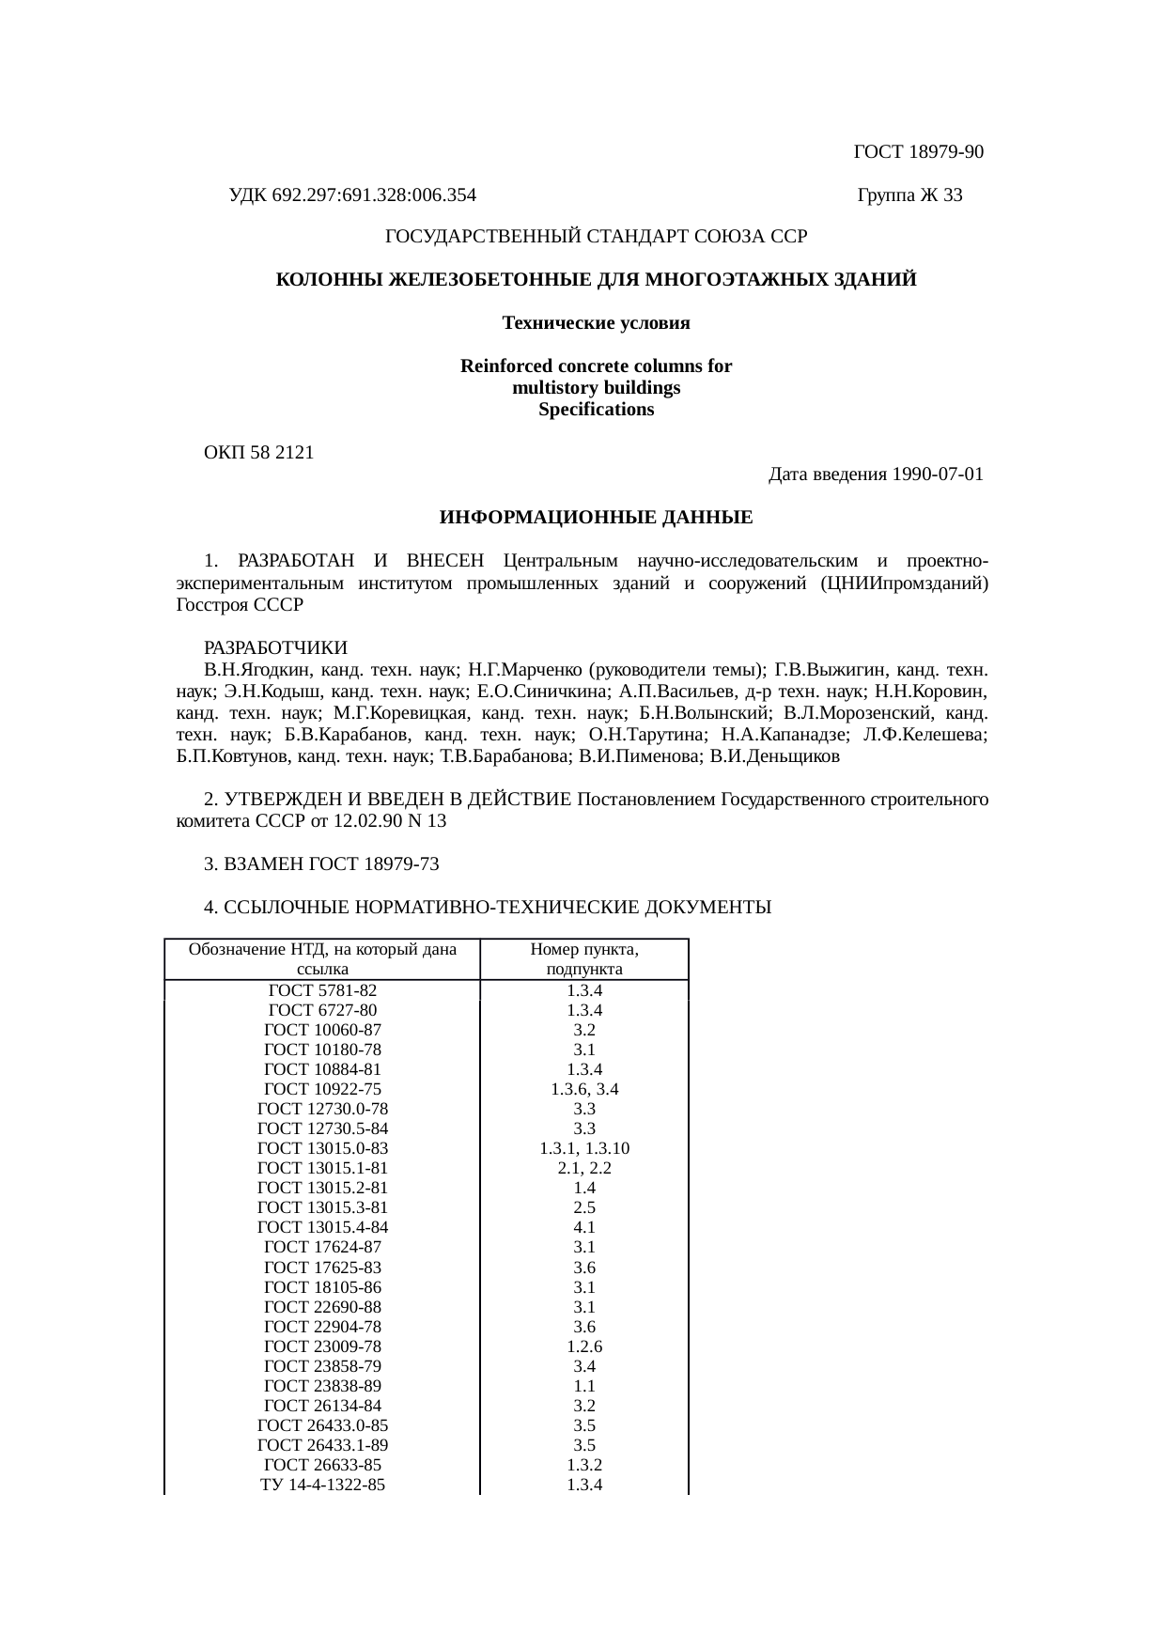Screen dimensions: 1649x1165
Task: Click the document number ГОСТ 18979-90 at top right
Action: (918, 152)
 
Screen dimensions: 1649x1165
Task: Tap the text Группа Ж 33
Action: (909, 195)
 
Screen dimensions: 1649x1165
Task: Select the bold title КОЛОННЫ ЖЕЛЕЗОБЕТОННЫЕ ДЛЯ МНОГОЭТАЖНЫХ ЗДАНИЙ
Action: (596, 280)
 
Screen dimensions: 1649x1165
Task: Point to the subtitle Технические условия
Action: (596, 323)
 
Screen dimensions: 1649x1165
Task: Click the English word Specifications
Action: (596, 410)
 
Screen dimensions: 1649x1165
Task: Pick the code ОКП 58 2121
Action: (259, 453)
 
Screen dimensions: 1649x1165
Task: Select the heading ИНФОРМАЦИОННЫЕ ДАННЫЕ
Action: (596, 518)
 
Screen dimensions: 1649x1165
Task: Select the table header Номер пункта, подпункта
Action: (584, 959)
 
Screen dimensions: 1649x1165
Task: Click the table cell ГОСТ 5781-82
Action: (322, 990)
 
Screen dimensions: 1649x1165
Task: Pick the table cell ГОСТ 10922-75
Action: (322, 1089)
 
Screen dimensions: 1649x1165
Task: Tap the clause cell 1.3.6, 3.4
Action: (584, 1089)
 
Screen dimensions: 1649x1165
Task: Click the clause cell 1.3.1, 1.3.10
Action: (584, 1148)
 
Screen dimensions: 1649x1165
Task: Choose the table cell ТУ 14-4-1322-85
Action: (322, 1485)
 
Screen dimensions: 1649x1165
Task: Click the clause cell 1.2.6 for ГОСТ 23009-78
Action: (584, 1346)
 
